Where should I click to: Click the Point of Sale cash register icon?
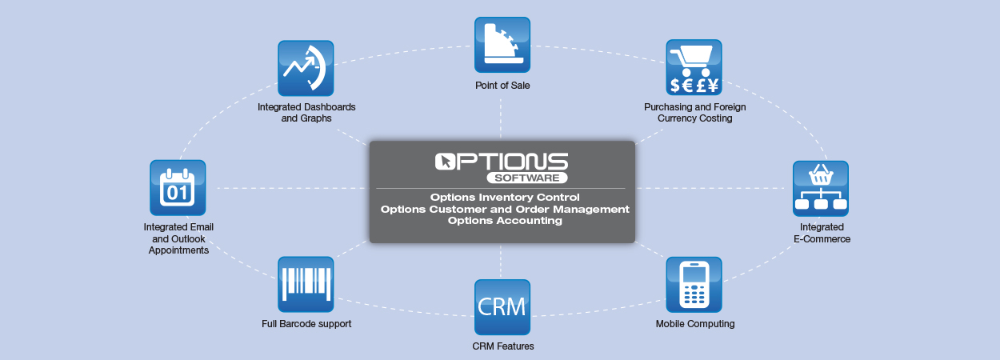[502, 45]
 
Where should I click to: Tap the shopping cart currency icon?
[694, 67]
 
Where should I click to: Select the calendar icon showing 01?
[178, 187]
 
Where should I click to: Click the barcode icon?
[306, 284]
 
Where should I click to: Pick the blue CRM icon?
[502, 306]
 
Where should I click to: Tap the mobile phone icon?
[694, 284]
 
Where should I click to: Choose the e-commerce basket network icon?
[820, 188]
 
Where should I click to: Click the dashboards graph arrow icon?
[306, 68]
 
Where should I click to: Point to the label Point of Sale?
[502, 85]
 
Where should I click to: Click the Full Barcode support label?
[306, 324]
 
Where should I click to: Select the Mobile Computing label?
[695, 324]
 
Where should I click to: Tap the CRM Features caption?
[502, 346]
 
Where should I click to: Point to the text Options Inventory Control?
[504, 197]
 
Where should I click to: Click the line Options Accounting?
[505, 221]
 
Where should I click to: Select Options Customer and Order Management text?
[505, 209]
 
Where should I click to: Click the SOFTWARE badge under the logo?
[527, 177]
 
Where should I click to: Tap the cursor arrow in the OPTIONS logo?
[445, 162]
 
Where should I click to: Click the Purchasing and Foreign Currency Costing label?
[694, 112]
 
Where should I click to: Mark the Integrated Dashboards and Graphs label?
[306, 112]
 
